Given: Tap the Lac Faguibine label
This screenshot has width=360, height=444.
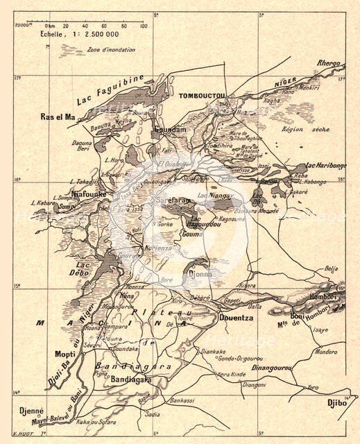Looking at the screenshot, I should click(x=128, y=88).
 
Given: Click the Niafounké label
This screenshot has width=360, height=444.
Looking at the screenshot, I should click(x=88, y=194).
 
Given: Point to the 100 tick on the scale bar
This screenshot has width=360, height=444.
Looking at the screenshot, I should click(x=143, y=26).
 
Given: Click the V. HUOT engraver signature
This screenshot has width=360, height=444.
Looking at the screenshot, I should click(x=23, y=434).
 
